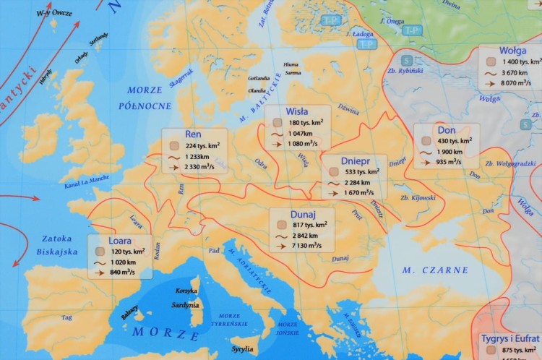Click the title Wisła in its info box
pyautogui.click(x=297, y=111)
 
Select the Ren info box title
pyautogui.click(x=193, y=134)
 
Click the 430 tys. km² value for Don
pyautogui.click(x=455, y=141)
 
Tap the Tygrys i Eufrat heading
pyautogui.click(x=511, y=338)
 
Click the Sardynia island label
pyautogui.click(x=185, y=305)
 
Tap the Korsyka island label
pyautogui.click(x=186, y=291)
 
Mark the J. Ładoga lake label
pyautogui.click(x=359, y=33)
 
